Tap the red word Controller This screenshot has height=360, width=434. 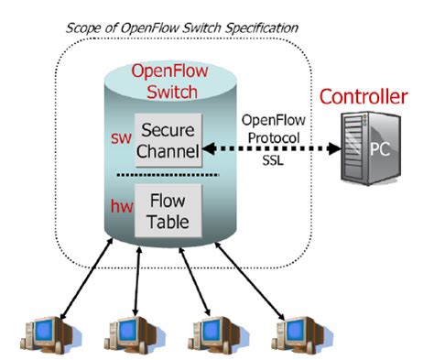374,97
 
